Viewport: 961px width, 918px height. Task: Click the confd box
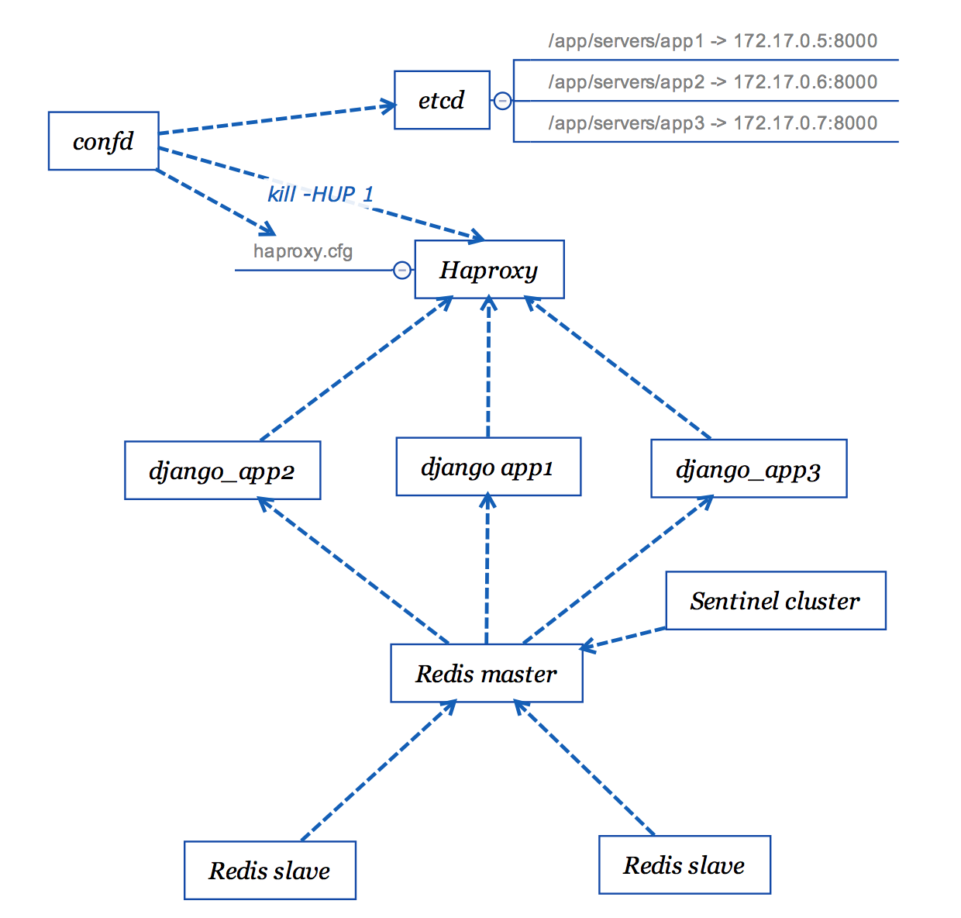(x=103, y=141)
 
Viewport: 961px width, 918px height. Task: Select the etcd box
(x=442, y=100)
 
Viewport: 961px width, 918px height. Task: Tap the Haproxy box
(x=489, y=270)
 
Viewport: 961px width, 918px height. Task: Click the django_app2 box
(x=222, y=471)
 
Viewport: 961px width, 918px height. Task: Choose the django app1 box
(x=488, y=467)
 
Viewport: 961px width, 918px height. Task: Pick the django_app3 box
(x=749, y=469)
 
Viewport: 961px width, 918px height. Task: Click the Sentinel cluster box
(x=775, y=601)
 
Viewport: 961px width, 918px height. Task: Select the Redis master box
(x=486, y=674)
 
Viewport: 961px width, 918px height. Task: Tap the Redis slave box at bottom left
(x=270, y=871)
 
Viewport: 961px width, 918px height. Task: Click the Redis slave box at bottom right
(x=684, y=865)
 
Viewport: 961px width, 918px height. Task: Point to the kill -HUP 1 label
(x=321, y=194)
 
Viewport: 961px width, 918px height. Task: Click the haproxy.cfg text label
(x=303, y=251)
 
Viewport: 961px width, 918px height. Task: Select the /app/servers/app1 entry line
(x=712, y=41)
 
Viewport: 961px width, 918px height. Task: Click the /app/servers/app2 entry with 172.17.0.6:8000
(x=712, y=82)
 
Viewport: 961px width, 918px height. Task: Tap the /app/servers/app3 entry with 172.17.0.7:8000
(x=712, y=123)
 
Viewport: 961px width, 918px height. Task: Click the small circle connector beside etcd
(x=502, y=101)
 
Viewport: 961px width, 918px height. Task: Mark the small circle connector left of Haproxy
(x=402, y=270)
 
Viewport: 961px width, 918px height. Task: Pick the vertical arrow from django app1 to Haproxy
(x=488, y=368)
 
